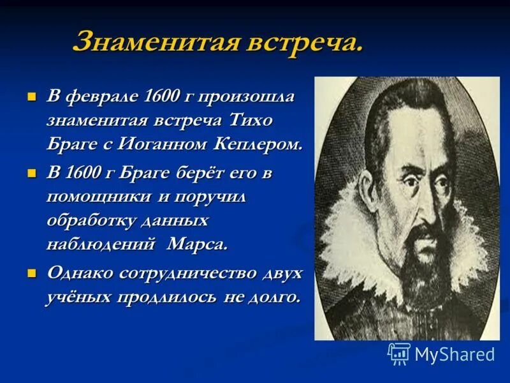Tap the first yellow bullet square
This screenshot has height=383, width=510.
click(30, 98)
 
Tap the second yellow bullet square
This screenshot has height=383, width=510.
click(30, 174)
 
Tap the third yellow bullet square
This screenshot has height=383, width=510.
click(30, 273)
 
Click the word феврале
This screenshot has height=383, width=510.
click(105, 98)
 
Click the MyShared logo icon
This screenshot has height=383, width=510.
click(398, 353)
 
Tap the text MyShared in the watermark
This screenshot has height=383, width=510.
click(455, 354)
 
